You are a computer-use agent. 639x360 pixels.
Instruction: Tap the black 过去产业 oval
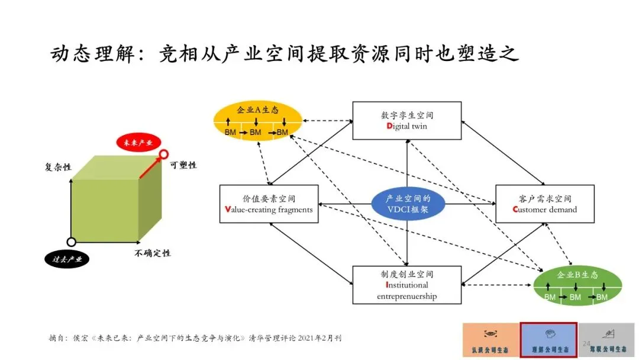click(x=67, y=259)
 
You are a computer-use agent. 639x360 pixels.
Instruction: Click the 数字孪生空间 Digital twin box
click(x=406, y=120)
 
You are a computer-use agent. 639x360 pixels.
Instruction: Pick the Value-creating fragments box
click(x=269, y=204)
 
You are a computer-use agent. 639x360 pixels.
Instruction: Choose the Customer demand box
click(x=544, y=204)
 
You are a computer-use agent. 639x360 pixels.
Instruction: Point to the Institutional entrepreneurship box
click(x=406, y=285)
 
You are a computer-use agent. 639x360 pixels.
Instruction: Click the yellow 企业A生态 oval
click(x=257, y=120)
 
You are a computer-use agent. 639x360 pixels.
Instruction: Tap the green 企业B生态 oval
click(x=577, y=285)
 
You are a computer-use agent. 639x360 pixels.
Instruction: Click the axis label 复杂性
click(x=58, y=167)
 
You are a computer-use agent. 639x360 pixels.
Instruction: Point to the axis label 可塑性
click(x=183, y=165)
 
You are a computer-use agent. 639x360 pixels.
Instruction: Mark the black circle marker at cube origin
click(x=71, y=242)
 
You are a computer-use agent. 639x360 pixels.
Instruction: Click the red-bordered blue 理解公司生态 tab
click(x=548, y=340)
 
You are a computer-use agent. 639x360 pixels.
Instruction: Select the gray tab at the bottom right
click(x=607, y=340)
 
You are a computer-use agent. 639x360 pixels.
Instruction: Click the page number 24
click(x=587, y=343)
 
